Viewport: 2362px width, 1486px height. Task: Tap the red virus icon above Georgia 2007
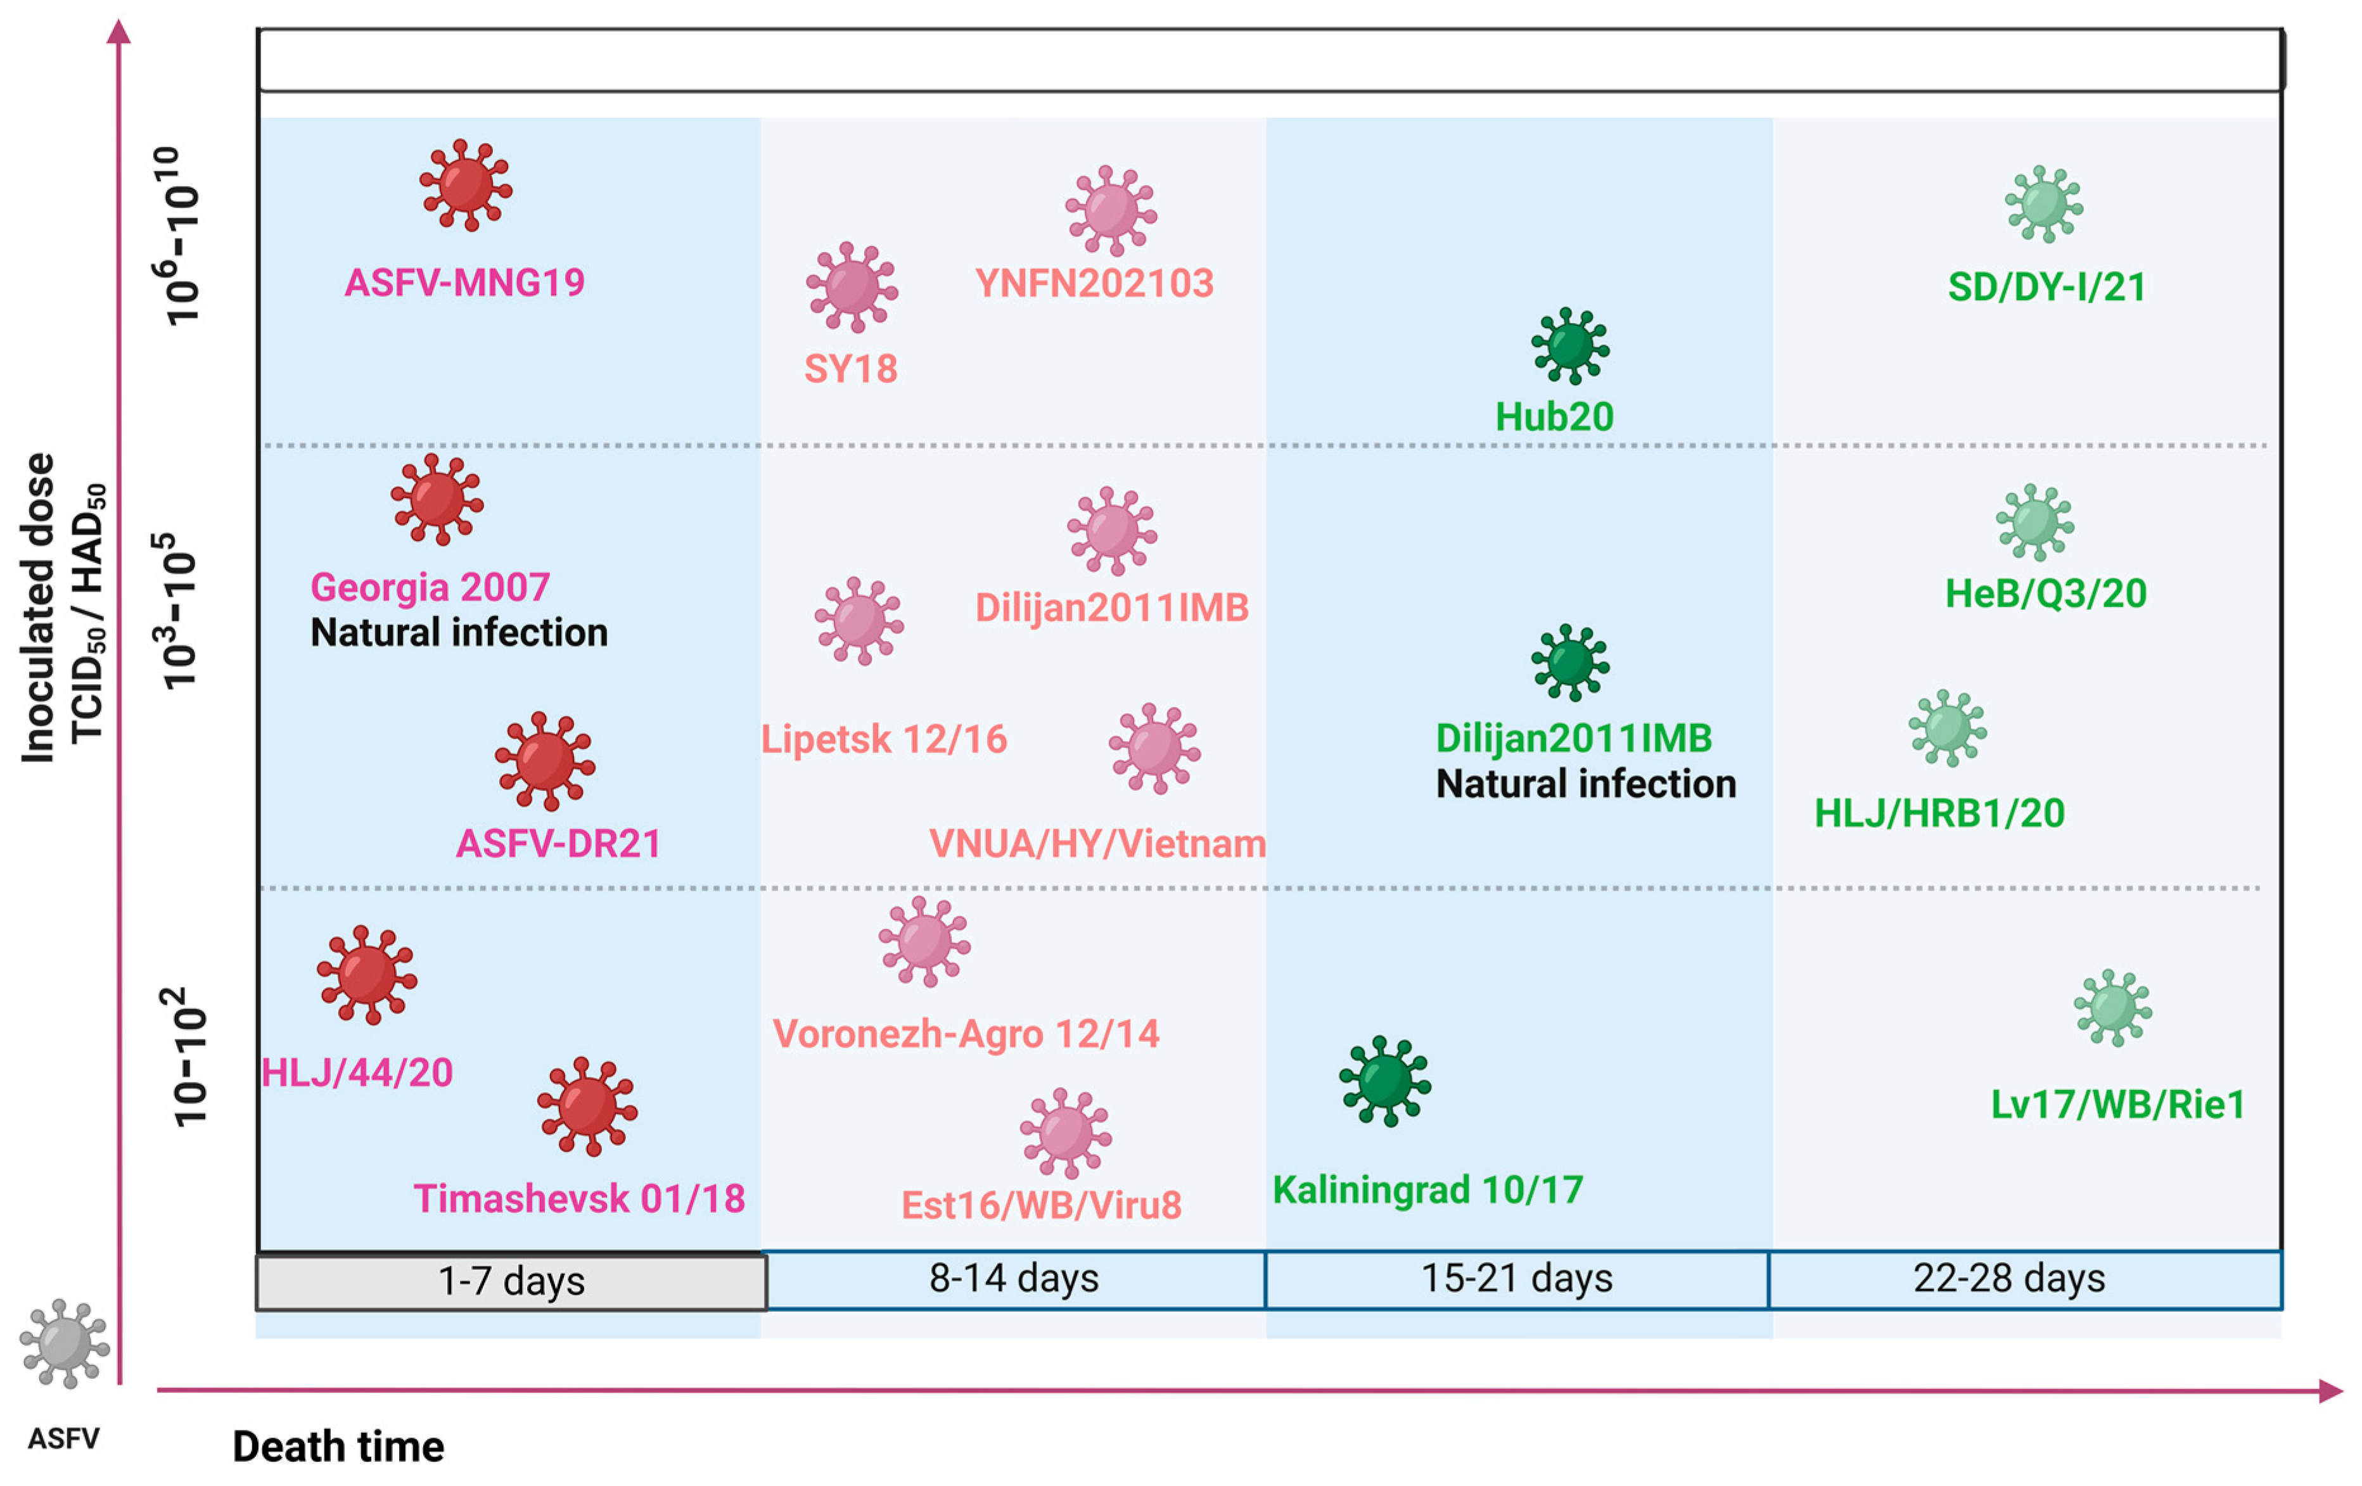(x=437, y=499)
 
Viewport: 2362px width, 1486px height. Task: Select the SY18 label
(x=850, y=369)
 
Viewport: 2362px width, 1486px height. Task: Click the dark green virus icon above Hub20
(x=1569, y=345)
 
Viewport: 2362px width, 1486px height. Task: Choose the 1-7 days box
(x=511, y=1281)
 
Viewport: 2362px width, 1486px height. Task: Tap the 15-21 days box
(x=1516, y=1279)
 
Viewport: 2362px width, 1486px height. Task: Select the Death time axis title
(x=338, y=1447)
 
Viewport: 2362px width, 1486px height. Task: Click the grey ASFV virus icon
(x=64, y=1343)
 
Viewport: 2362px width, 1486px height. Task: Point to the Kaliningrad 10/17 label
(x=1427, y=1190)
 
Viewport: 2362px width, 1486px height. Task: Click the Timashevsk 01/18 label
(x=578, y=1198)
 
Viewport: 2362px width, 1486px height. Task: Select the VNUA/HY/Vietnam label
(x=1097, y=844)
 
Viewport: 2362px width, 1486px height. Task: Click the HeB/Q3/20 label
(x=2045, y=594)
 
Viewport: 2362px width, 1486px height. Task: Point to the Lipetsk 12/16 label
(x=884, y=739)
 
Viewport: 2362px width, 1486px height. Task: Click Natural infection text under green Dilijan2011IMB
(x=1585, y=784)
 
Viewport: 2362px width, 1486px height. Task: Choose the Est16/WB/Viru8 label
(x=1041, y=1205)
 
